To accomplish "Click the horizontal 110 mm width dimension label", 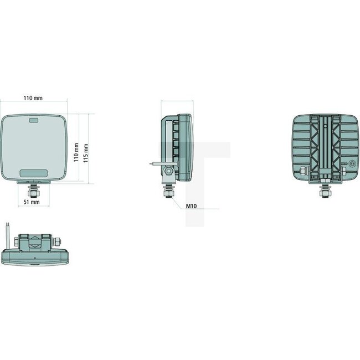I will tap(33, 98).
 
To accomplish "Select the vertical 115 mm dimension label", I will tap(86, 149).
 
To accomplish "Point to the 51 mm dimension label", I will tap(32, 202).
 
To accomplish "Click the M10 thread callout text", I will tap(191, 206).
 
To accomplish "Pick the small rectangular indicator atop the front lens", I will tap(33, 121).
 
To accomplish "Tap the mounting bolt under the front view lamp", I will tap(34, 191).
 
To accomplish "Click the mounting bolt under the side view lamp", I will tap(167, 191).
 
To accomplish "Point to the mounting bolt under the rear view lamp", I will tap(322, 191).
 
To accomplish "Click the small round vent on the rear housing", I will tap(352, 164).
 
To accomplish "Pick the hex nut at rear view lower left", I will tap(304, 170).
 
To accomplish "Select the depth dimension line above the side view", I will tap(177, 101).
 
